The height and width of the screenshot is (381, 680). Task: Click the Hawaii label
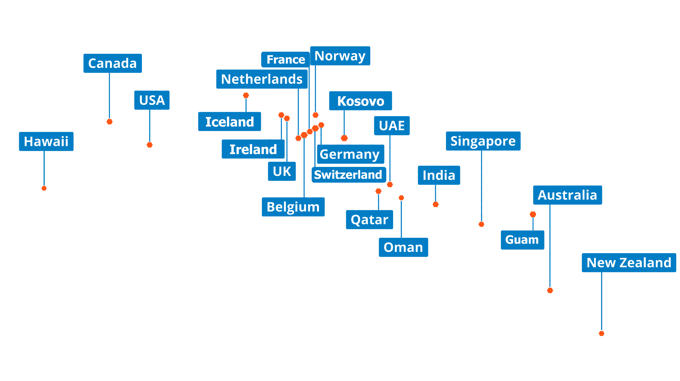[x=46, y=141]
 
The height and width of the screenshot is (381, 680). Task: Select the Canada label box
[x=112, y=63]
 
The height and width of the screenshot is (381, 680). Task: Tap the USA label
[x=152, y=100]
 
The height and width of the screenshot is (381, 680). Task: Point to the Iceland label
[x=229, y=122]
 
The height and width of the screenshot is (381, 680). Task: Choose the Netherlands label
[x=262, y=79]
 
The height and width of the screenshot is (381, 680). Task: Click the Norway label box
[x=340, y=56]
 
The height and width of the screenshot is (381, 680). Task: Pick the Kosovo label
[x=360, y=101]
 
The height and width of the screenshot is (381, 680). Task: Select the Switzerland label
[x=349, y=175]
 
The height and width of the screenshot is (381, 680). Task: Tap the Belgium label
[x=293, y=207]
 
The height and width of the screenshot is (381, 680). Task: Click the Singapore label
[x=483, y=141]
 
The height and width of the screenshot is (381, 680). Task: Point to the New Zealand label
[x=629, y=263]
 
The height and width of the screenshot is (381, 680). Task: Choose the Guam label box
[x=522, y=240]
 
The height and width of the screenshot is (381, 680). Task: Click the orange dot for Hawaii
[x=44, y=188]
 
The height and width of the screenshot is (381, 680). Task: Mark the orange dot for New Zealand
[x=601, y=334]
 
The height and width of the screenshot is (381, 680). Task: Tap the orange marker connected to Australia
[x=550, y=291]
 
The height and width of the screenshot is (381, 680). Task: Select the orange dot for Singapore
[x=481, y=224]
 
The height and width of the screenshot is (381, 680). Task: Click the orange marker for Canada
[x=109, y=122]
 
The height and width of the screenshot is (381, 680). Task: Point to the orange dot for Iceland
[x=246, y=96]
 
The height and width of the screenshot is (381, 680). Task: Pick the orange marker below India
[x=436, y=205]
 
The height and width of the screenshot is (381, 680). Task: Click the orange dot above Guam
[x=533, y=215]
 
